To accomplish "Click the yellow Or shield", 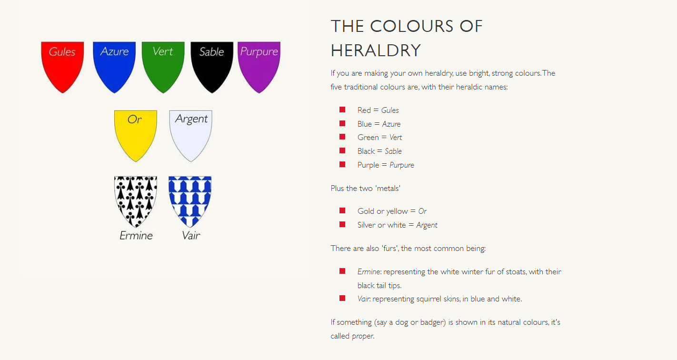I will [135, 136].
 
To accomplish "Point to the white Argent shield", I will [190, 136].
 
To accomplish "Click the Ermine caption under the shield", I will [136, 235].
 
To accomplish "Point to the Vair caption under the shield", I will [191, 235].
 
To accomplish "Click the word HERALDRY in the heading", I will [376, 50].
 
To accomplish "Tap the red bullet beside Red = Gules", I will [342, 110].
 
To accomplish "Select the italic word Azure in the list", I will [391, 124].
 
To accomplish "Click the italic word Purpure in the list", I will [402, 165].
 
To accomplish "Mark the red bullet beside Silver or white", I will [342, 224].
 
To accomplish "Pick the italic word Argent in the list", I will [427, 225].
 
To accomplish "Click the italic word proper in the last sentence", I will [363, 336].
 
